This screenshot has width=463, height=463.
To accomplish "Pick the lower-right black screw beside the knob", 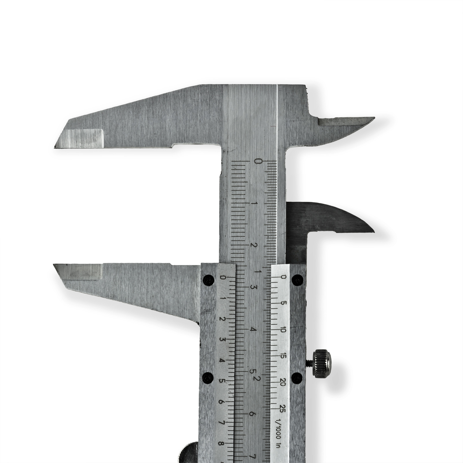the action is (x=297, y=377).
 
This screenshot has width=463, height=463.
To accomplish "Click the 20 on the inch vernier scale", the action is (x=283, y=383).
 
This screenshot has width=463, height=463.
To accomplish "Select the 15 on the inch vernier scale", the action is (x=283, y=356).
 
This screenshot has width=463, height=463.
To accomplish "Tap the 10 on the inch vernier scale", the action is (x=283, y=330).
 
